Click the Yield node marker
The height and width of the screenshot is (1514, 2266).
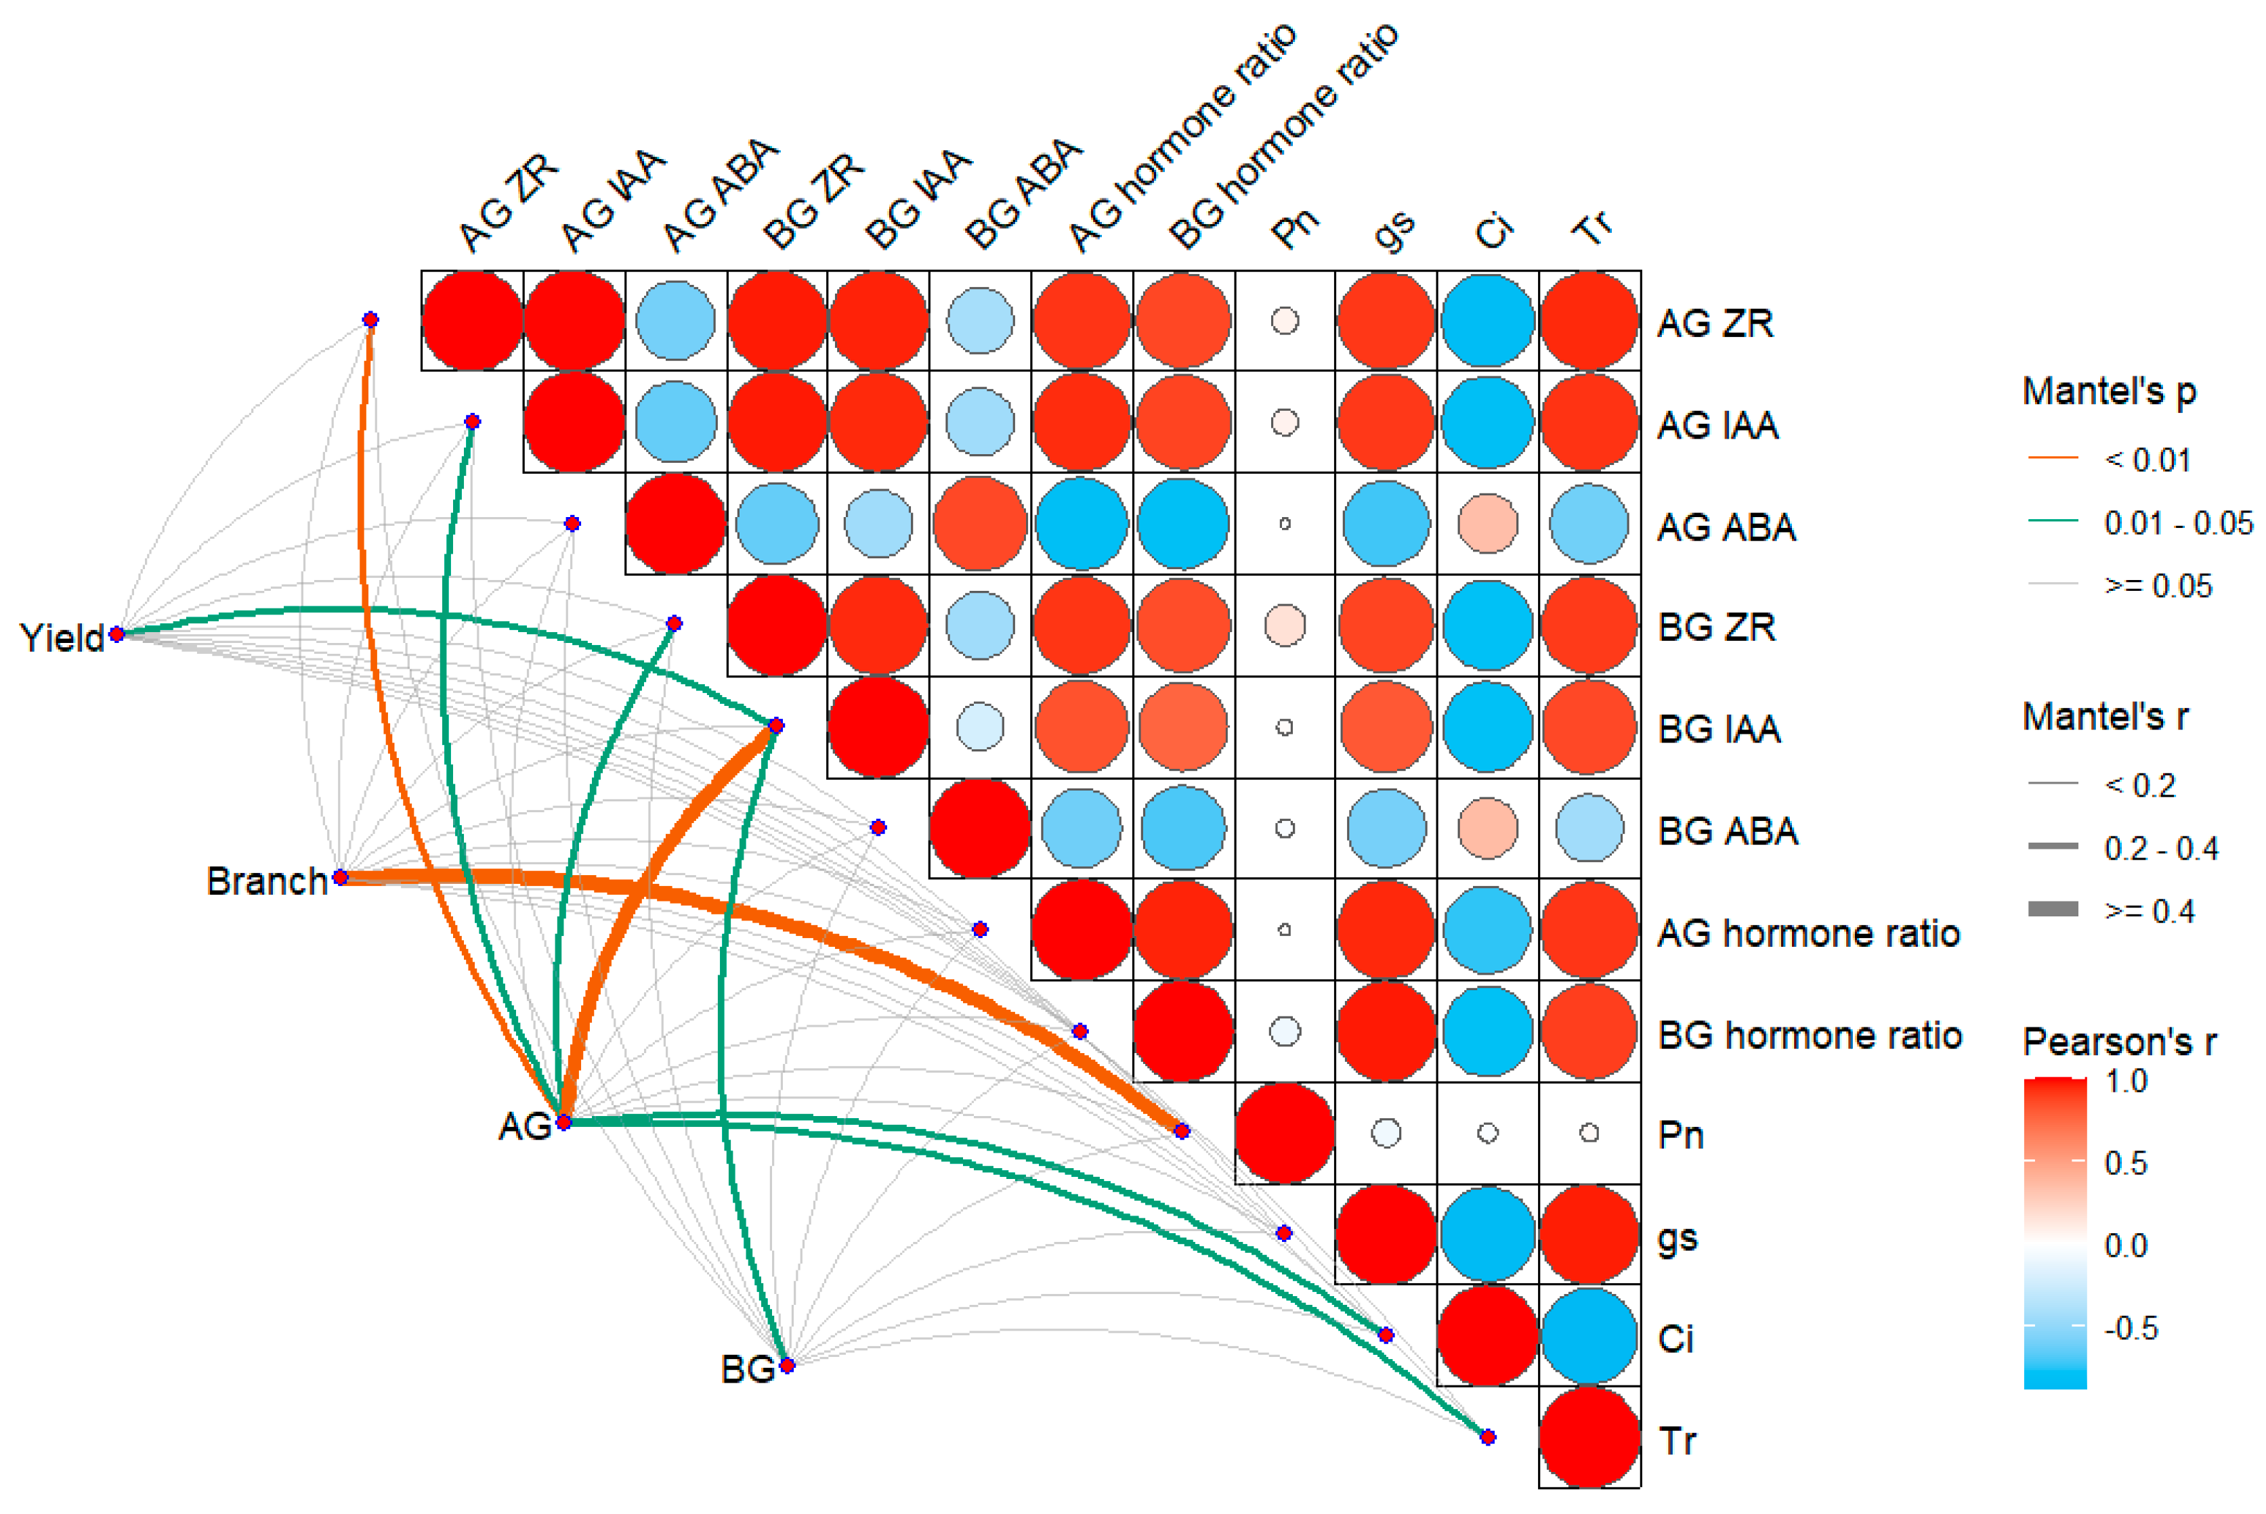pos(117,634)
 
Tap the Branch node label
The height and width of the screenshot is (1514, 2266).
pos(267,881)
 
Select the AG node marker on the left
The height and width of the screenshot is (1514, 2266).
pos(564,1122)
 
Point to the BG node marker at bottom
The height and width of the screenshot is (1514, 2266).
pos(787,1365)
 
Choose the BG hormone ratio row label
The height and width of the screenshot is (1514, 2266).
pos(1809,1035)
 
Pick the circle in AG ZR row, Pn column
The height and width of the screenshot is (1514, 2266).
pos(1285,321)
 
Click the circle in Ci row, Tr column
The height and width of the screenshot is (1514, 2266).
pos(1589,1335)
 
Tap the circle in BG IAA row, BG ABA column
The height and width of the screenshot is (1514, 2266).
pos(979,727)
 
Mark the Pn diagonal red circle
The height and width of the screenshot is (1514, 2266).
pos(1285,1132)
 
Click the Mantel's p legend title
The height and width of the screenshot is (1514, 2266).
pos(2110,391)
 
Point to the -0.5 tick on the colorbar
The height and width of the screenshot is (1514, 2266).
pos(2130,1328)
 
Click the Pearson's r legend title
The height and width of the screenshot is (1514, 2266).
pos(2119,1042)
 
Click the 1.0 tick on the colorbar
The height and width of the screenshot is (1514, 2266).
pos(2125,1082)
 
